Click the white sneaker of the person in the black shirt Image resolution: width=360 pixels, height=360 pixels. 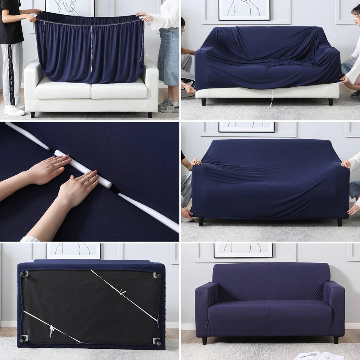14,110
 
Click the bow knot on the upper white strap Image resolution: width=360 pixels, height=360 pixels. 123,292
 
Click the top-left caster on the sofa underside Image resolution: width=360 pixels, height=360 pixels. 24,274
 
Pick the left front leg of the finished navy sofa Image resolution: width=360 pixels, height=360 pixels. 205,340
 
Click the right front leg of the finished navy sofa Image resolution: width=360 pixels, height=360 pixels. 336,340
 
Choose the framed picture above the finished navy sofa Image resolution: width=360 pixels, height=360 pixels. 243,250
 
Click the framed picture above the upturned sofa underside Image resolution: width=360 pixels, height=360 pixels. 73,250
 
